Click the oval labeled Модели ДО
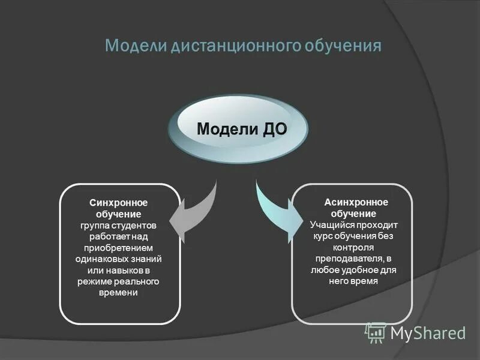(242, 128)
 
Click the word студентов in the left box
(137, 226)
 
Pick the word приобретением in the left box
(119, 248)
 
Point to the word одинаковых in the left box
(99, 259)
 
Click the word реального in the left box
(139, 281)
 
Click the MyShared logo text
(428, 333)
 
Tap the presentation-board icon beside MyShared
(375, 332)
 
